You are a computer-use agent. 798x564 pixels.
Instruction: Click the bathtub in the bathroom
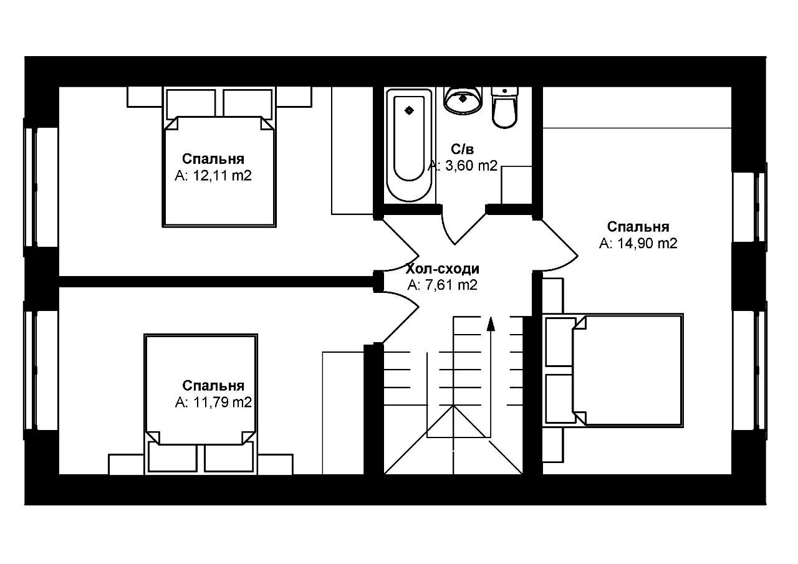click(x=409, y=146)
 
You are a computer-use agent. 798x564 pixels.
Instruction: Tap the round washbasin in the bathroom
click(x=463, y=100)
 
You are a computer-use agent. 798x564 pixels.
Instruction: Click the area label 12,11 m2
click(x=213, y=176)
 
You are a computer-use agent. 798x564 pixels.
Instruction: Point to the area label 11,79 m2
click(x=213, y=403)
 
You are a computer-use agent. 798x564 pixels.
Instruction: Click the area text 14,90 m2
click(x=638, y=244)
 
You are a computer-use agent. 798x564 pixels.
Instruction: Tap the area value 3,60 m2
click(x=463, y=166)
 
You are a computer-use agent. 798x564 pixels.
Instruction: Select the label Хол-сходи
click(x=443, y=269)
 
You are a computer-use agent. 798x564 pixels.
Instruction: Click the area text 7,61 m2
click(x=443, y=285)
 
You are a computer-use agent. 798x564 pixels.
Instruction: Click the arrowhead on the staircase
click(x=491, y=324)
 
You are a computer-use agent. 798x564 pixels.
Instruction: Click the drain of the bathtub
click(x=409, y=111)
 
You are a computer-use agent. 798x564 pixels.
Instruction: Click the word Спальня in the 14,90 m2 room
click(x=638, y=227)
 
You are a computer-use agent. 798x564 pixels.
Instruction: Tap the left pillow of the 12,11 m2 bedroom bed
click(x=191, y=103)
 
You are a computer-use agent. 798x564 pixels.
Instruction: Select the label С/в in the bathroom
click(x=463, y=150)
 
